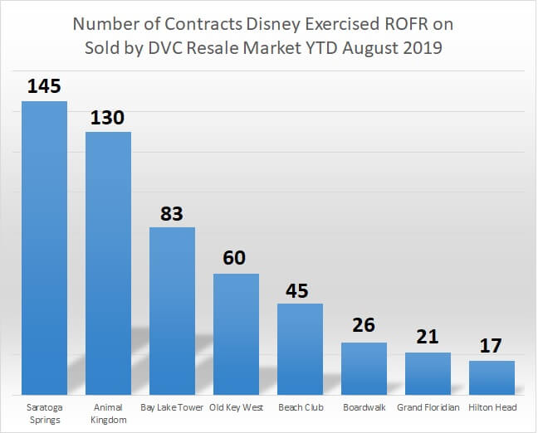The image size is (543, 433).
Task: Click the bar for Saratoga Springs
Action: pos(44,247)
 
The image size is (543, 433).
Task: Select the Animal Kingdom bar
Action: pos(108,262)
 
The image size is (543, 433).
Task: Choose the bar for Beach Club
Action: pos(300,348)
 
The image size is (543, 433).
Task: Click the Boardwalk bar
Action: pos(364,368)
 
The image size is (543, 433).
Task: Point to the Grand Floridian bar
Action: pos(428,373)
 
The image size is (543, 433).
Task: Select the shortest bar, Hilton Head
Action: pos(492,377)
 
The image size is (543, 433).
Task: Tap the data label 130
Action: pos(108,117)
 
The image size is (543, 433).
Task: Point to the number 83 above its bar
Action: pos(172,212)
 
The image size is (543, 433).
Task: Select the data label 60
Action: pos(236,259)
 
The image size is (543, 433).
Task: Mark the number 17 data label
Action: pos(492,346)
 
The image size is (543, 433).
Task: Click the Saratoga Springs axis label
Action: pos(44,414)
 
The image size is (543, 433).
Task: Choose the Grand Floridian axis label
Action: pos(428,408)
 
